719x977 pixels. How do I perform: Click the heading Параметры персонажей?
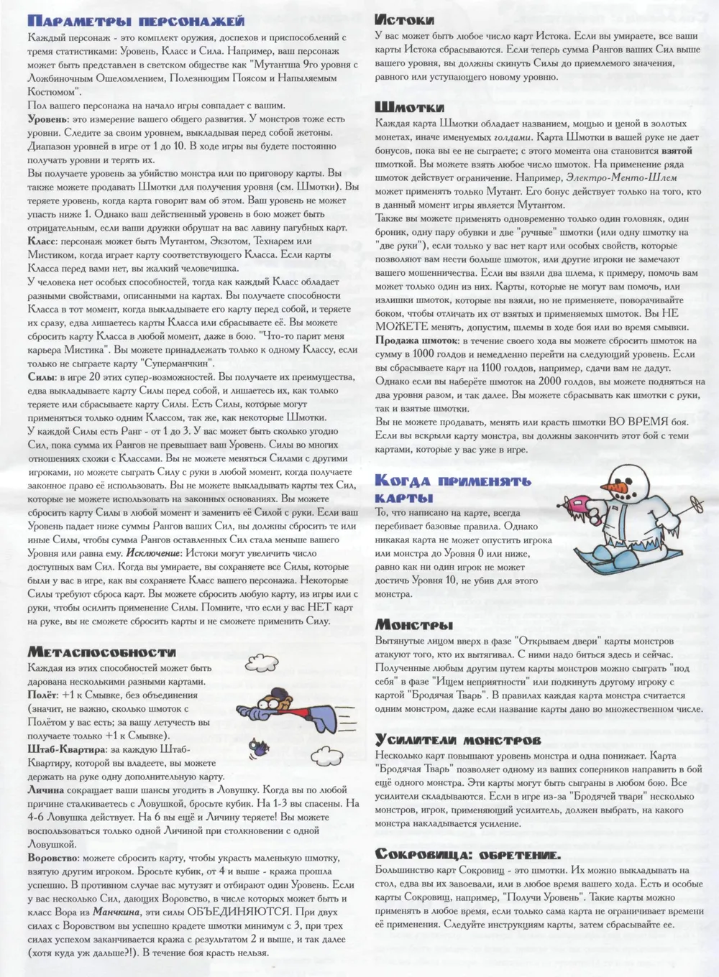(x=136, y=21)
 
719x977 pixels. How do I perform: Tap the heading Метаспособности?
(x=101, y=652)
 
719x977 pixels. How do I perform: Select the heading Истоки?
(x=405, y=20)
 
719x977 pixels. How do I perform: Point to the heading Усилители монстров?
(x=457, y=740)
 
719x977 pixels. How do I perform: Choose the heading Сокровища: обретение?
(x=467, y=853)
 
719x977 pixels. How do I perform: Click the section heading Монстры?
(x=413, y=625)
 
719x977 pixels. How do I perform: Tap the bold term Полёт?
(x=42, y=695)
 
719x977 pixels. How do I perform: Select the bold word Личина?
(x=46, y=790)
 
